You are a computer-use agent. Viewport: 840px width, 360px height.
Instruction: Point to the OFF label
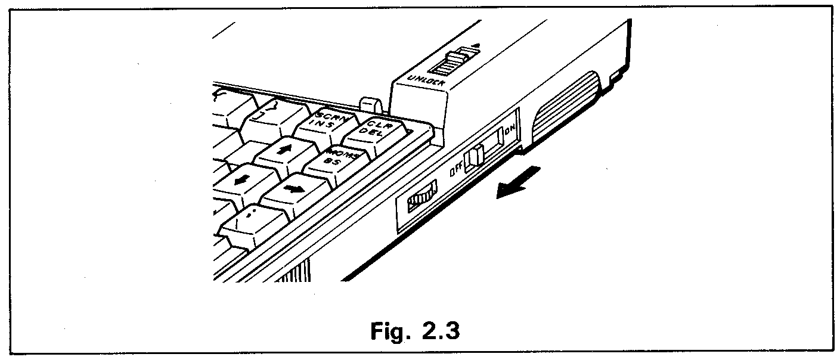[457, 170]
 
